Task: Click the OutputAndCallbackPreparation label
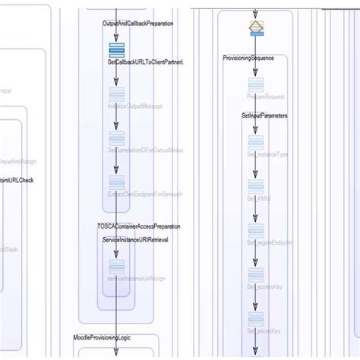pyautogui.click(x=137, y=24)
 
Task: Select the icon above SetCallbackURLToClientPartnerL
pyautogui.click(x=116, y=49)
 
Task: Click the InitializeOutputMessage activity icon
pyautogui.click(x=116, y=93)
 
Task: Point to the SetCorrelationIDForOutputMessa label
pyautogui.click(x=146, y=150)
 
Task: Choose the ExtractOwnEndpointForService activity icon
pyautogui.click(x=116, y=182)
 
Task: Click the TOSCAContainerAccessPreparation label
pyautogui.click(x=139, y=226)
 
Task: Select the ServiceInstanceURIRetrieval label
pyautogui.click(x=135, y=239)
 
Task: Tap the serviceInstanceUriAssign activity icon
pyautogui.click(x=116, y=266)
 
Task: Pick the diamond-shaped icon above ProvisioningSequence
pyautogui.click(x=256, y=28)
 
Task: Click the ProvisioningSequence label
pyautogui.click(x=254, y=58)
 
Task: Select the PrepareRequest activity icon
pyautogui.click(x=256, y=84)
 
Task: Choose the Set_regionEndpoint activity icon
pyautogui.click(x=256, y=230)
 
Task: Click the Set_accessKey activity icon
pyautogui.click(x=256, y=274)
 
